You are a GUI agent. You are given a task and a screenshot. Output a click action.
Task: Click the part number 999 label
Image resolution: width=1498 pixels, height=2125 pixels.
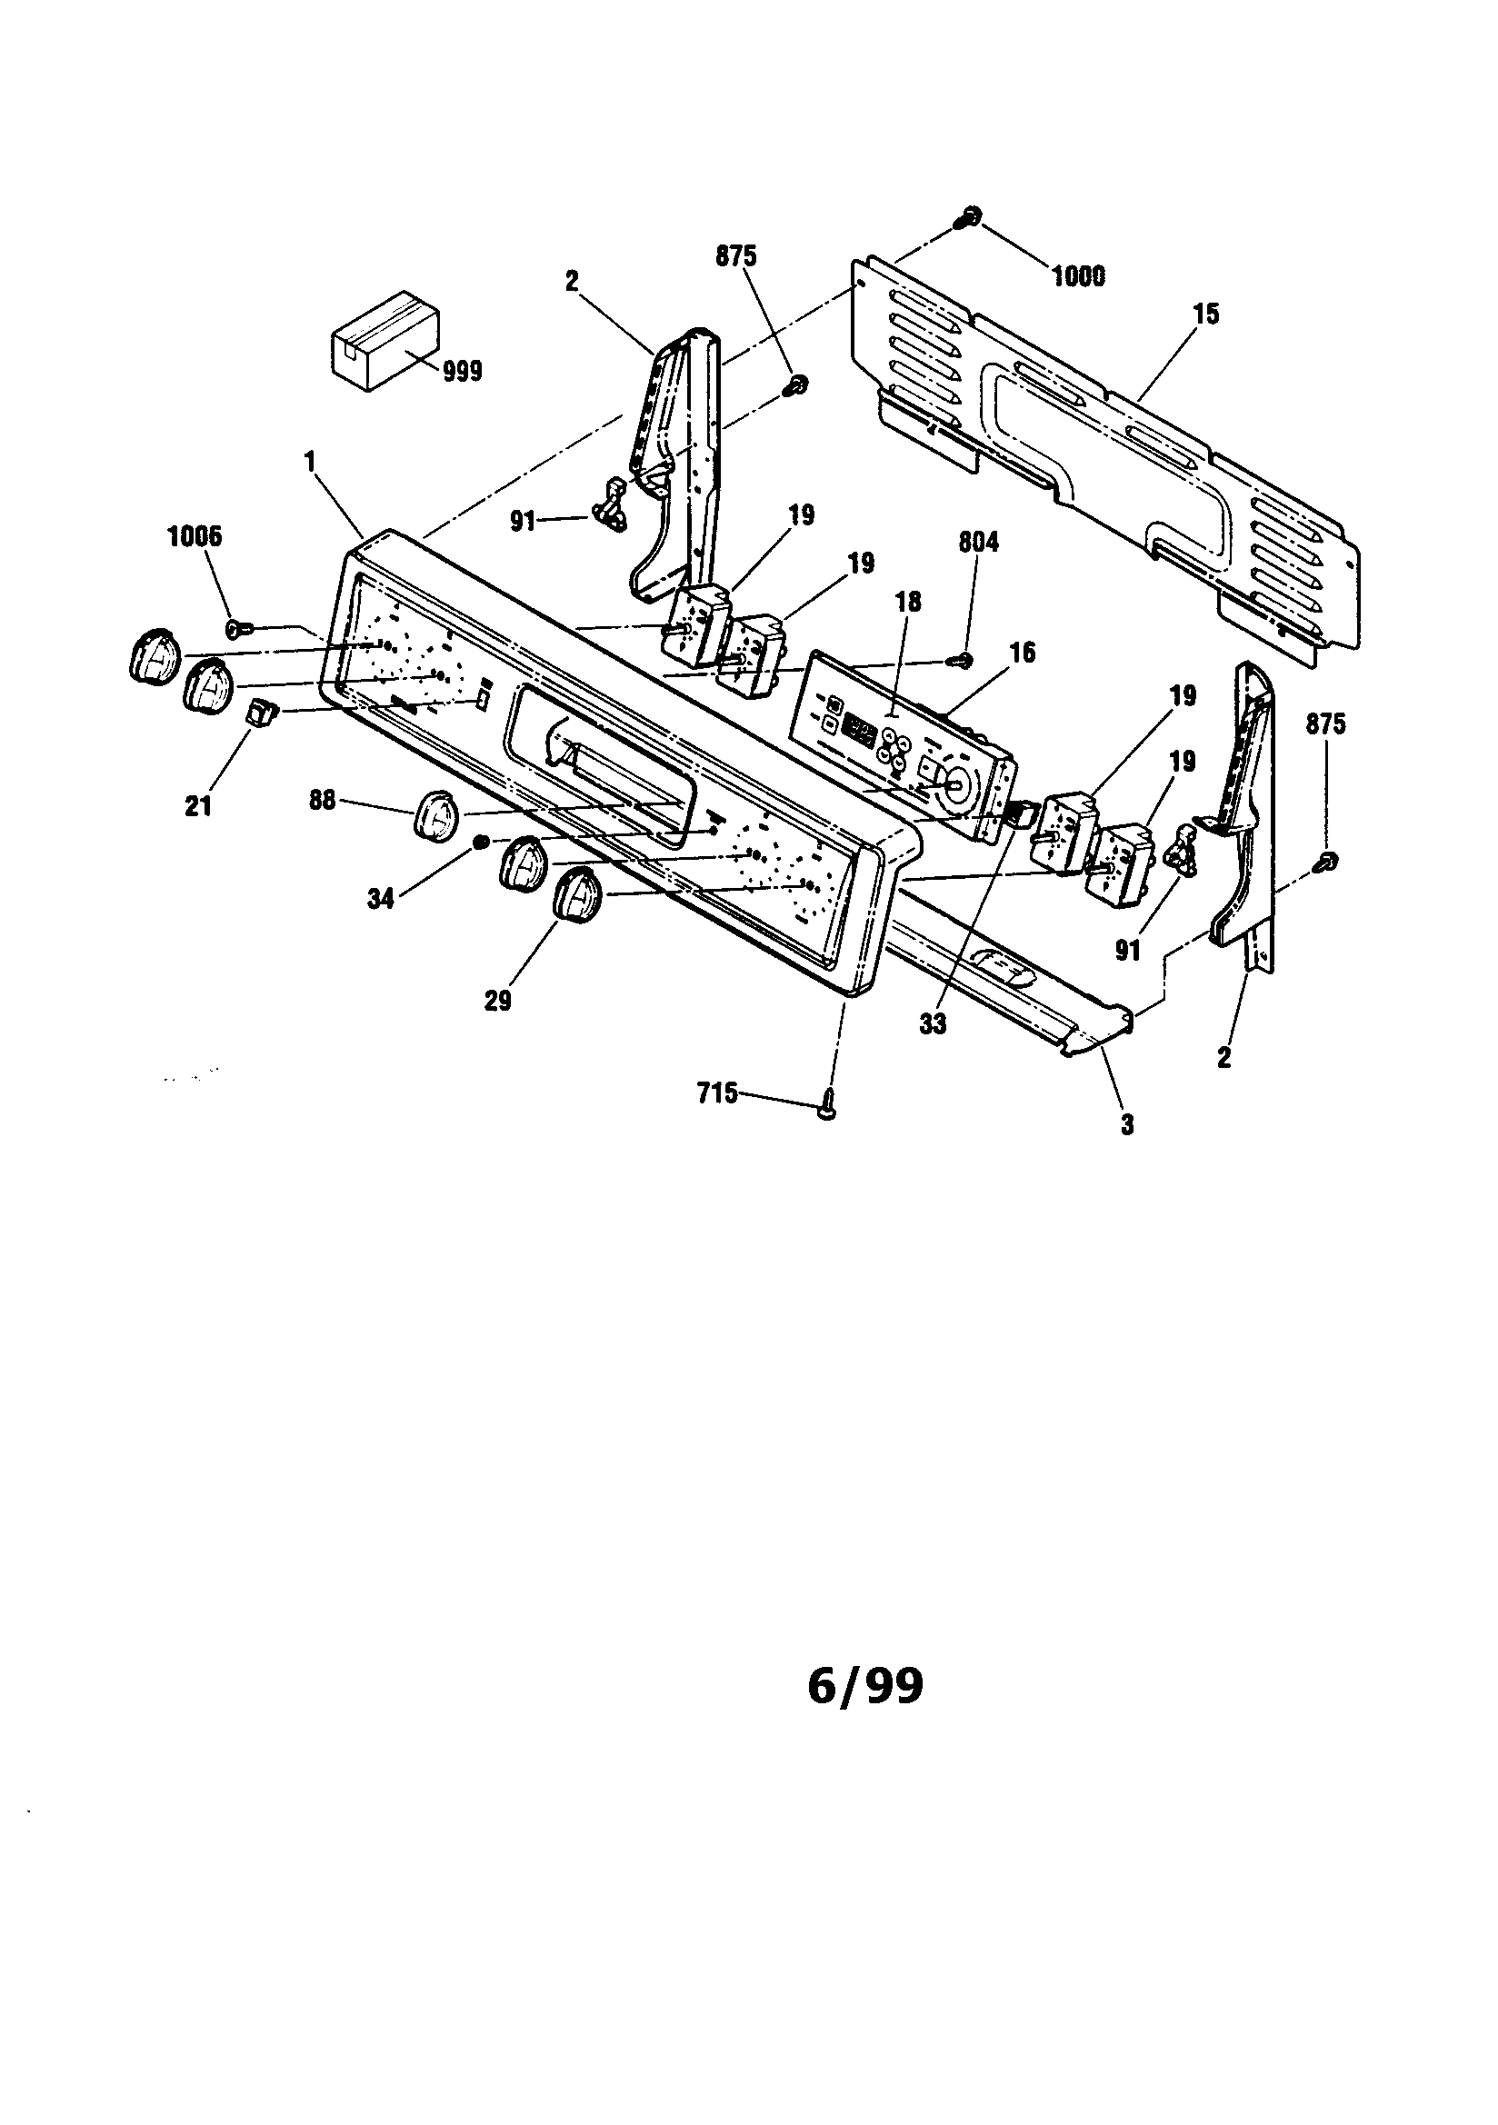(x=462, y=371)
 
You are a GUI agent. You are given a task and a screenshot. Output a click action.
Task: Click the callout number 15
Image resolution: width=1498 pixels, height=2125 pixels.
(x=1206, y=314)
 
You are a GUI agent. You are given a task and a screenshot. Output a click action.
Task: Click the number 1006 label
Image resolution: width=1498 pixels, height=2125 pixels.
(x=195, y=537)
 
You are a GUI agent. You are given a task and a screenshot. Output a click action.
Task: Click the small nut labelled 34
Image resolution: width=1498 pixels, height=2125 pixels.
(x=481, y=841)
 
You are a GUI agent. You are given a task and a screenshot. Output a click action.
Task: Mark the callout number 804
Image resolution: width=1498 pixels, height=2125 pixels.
(x=979, y=543)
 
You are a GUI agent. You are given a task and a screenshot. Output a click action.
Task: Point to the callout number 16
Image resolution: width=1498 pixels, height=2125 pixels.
(x=1022, y=653)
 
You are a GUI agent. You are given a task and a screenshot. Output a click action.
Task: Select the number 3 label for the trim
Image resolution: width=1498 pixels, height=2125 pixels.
(x=1128, y=1124)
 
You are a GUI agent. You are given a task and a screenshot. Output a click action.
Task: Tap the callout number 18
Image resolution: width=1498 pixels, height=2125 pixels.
(x=908, y=602)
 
